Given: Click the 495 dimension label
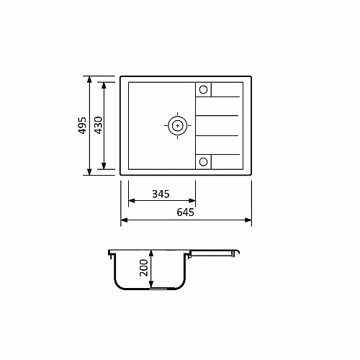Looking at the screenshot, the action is pos(82,125).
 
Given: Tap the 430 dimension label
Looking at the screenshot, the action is pos(99,125).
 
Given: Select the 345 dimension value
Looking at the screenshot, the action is pos(161,194).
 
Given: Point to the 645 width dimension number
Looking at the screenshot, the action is pos(185,212).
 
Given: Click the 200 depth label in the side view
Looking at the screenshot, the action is pos(144,268).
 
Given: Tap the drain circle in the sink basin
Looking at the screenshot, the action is pos(178,125).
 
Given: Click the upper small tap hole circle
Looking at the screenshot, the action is pos(203,89).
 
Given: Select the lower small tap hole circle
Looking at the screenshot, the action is pos(203,162).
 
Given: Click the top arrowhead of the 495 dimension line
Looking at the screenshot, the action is pos(89,80).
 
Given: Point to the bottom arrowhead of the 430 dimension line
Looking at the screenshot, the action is pos(104,166).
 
